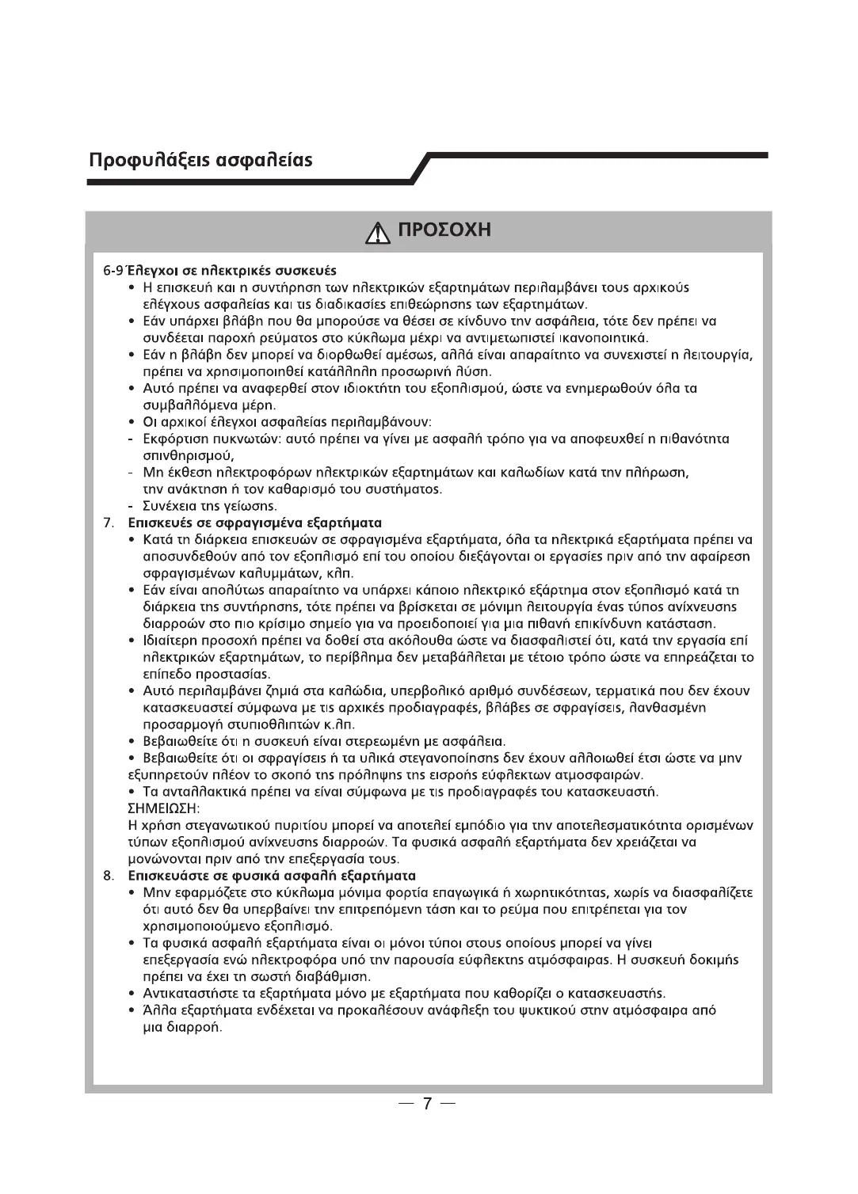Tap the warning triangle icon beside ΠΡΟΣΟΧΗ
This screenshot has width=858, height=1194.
coord(377,231)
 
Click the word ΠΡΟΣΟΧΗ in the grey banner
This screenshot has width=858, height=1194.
coord(444,230)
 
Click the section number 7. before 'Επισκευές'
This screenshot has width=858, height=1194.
coord(110,523)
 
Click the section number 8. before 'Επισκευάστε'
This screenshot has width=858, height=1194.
coord(110,876)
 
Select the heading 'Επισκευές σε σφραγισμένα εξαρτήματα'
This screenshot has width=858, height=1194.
coord(255,523)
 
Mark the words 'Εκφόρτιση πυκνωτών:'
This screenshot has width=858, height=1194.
coord(202,439)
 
